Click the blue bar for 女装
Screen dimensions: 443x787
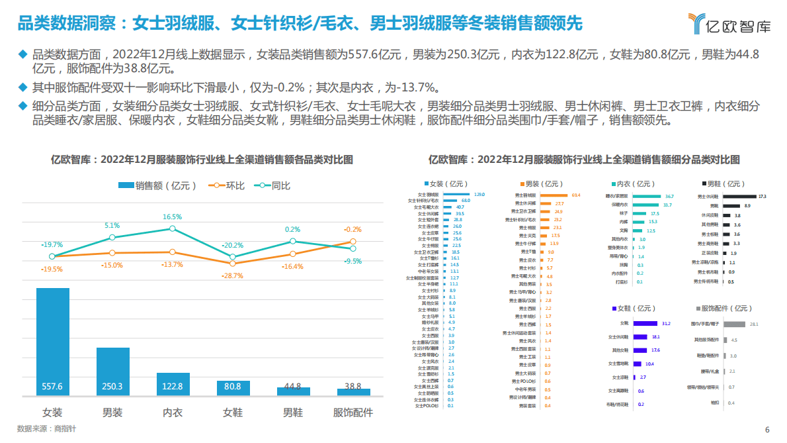pyautogui.click(x=52, y=342)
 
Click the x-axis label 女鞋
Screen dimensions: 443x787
pyautogui.click(x=233, y=413)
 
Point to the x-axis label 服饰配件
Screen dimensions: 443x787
pyautogui.click(x=352, y=413)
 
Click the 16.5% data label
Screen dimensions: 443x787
pyautogui.click(x=172, y=217)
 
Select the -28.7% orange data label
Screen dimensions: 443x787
pyautogui.click(x=232, y=275)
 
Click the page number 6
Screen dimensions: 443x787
pyautogui.click(x=767, y=429)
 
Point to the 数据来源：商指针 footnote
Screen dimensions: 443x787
pyautogui.click(x=46, y=428)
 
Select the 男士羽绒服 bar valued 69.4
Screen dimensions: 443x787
pyautogui.click(x=555, y=195)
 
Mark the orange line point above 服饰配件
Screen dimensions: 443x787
pyautogui.click(x=352, y=242)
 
